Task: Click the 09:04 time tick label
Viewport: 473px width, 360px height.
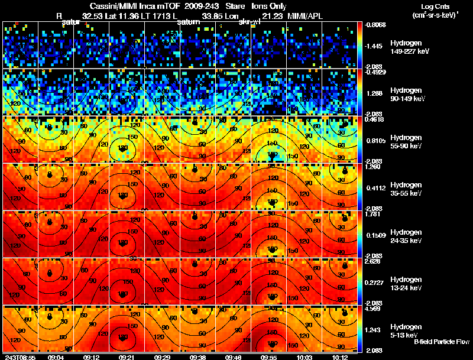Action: (x=56, y=357)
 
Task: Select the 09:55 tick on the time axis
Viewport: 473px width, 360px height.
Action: (x=269, y=357)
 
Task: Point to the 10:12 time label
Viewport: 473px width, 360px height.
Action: (x=339, y=357)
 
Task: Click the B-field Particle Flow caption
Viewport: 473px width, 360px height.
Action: (x=441, y=342)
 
